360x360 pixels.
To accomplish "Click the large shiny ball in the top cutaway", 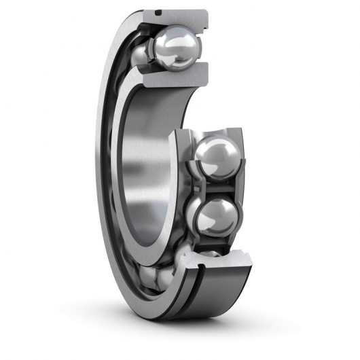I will (175, 50).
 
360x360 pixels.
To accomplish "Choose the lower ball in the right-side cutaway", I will (215, 215).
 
